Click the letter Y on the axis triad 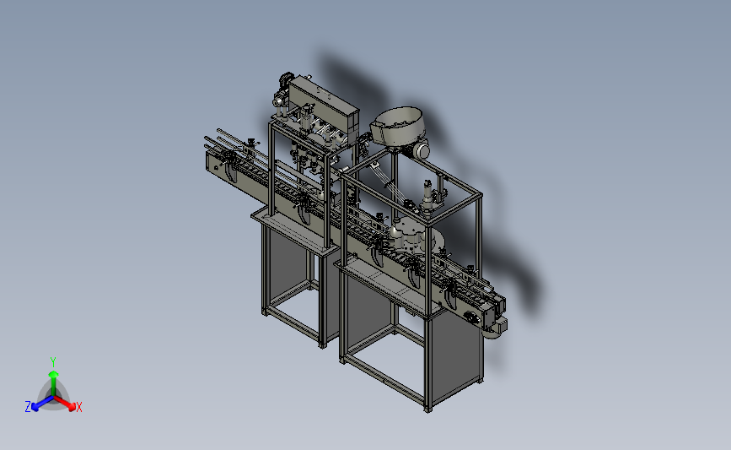[53, 362]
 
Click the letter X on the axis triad [78, 407]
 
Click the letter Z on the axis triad [28, 407]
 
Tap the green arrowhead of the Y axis [53, 374]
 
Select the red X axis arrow [65, 404]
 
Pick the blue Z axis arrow [42, 404]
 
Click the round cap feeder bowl [397, 126]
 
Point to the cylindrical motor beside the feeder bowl [419, 149]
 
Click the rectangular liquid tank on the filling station [324, 106]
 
